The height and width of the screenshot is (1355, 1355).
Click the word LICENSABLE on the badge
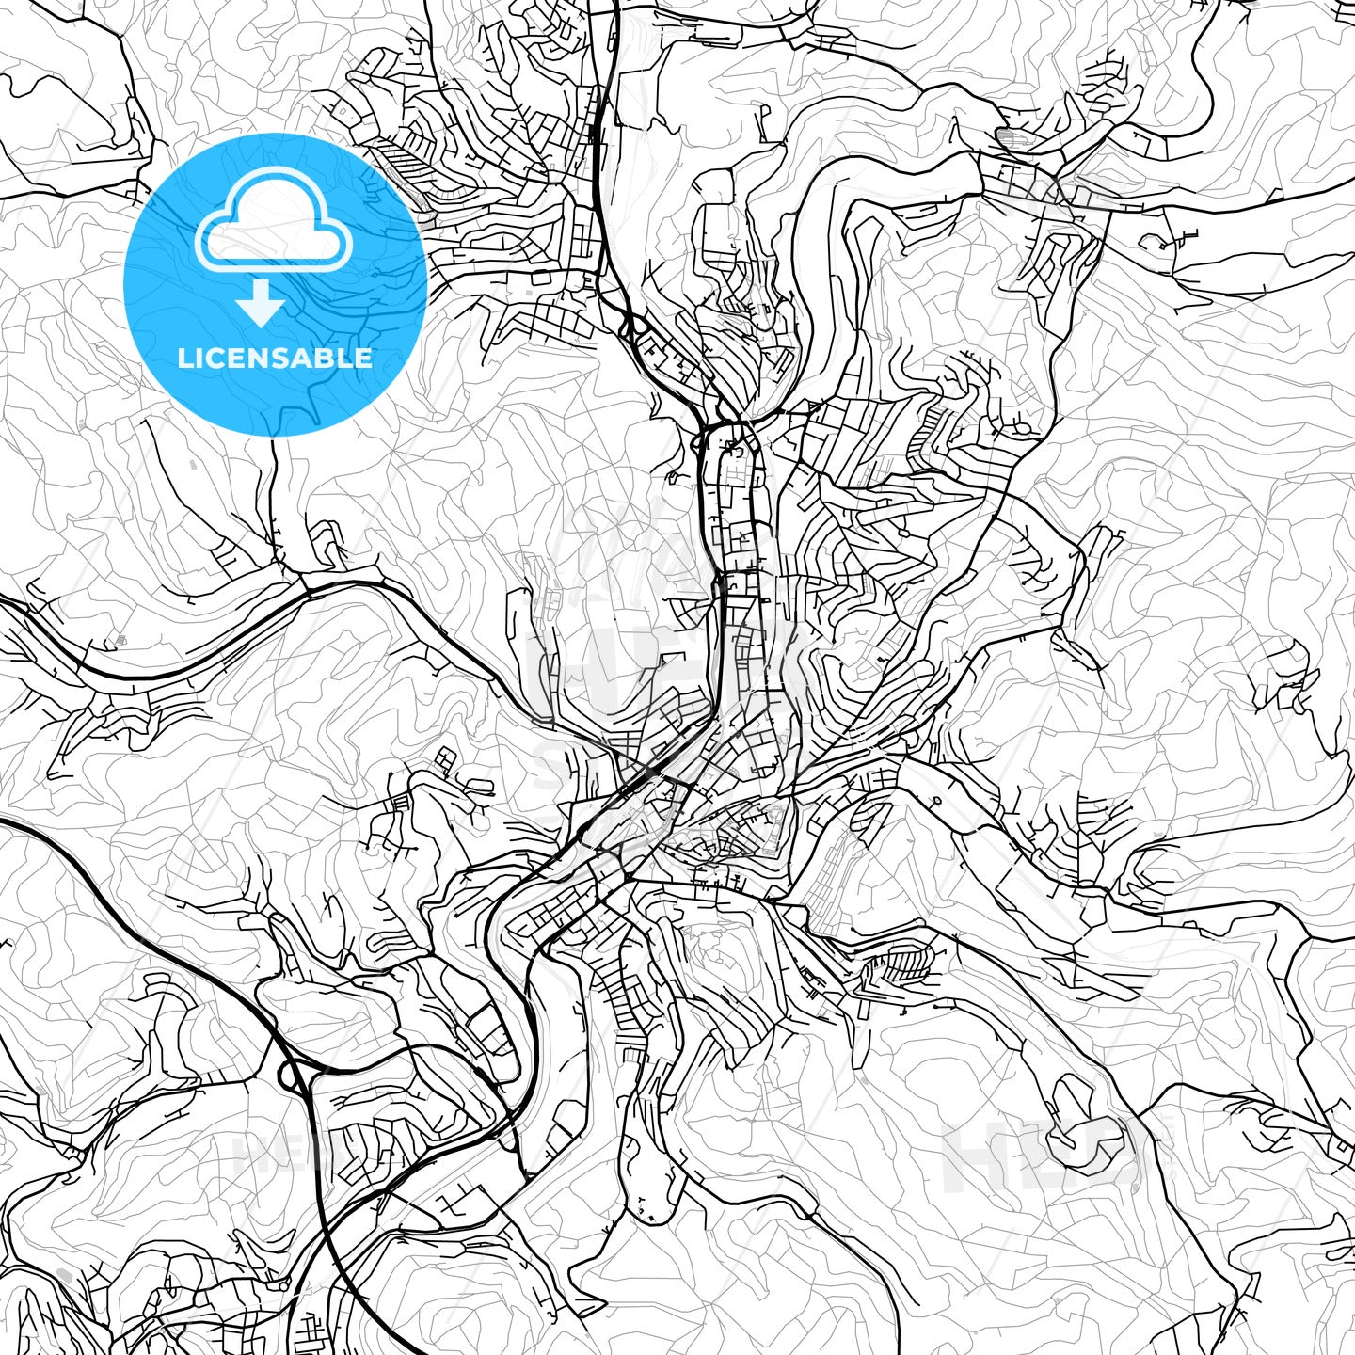[x=275, y=358]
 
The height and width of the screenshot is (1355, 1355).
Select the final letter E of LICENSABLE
[x=363, y=358]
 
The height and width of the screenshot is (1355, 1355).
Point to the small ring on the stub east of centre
[x=937, y=801]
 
